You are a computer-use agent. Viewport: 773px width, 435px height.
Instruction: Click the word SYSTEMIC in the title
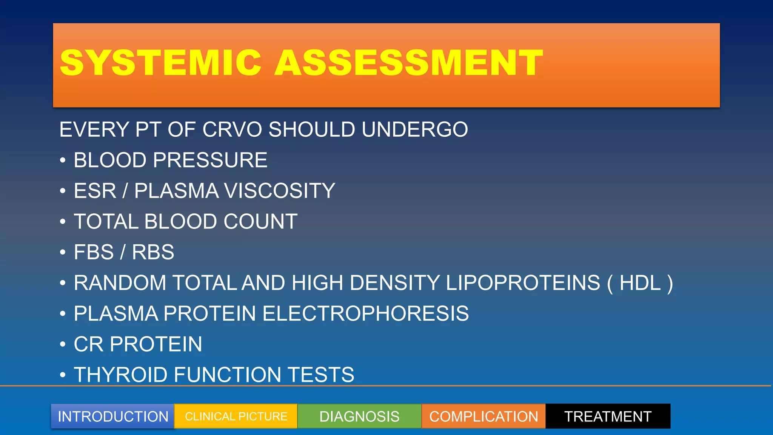point(160,63)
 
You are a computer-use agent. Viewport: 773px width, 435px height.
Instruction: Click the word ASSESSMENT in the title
point(409,63)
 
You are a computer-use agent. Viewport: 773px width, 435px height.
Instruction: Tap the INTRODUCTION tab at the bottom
point(113,416)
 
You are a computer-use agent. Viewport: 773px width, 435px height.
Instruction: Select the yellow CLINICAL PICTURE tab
point(236,416)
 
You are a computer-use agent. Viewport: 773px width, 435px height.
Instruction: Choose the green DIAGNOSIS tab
point(359,416)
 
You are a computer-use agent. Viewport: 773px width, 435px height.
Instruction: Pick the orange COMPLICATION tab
point(484,416)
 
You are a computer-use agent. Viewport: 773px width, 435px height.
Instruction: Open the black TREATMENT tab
point(608,416)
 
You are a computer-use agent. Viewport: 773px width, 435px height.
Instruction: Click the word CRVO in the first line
point(232,130)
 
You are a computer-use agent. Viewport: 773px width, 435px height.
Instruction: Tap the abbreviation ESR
point(95,191)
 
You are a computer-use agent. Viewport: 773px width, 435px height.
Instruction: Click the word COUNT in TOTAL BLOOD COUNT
point(260,222)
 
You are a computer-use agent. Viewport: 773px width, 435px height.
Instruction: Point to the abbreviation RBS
point(153,252)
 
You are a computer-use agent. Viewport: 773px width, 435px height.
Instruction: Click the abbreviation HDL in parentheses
point(640,283)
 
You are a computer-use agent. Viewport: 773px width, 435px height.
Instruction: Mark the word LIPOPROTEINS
point(523,283)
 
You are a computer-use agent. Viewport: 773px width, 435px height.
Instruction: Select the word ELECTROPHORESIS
point(365,313)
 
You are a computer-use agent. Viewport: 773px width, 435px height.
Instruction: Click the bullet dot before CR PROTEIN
point(63,344)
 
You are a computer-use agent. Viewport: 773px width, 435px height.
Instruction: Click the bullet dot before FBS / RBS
point(63,252)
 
